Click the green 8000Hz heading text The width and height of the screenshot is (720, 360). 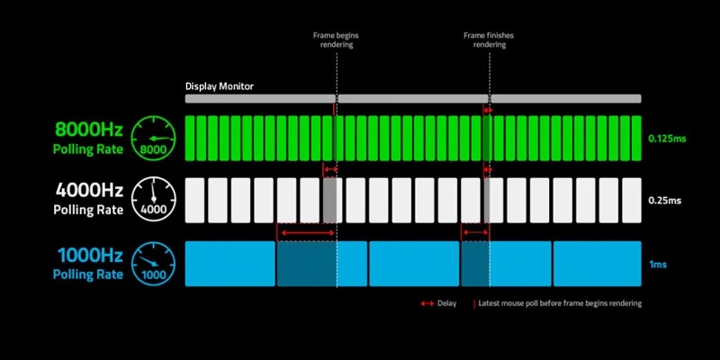(x=89, y=130)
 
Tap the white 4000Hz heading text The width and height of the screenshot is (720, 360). (x=89, y=190)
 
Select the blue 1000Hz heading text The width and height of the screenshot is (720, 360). (x=91, y=255)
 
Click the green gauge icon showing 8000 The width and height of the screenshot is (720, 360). (x=153, y=139)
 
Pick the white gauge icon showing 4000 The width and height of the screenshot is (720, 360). (x=153, y=199)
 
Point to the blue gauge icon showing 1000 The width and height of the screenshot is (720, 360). (x=153, y=264)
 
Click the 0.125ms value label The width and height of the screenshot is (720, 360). (x=667, y=139)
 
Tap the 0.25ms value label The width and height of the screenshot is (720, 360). (x=664, y=201)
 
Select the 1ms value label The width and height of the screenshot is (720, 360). (x=657, y=265)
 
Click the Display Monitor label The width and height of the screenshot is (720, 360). (x=220, y=86)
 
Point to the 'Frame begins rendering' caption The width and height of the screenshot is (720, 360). (x=336, y=40)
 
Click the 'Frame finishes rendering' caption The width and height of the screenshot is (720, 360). (x=489, y=40)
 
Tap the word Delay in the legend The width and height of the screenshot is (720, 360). (x=446, y=303)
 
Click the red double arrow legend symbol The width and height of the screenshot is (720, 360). (x=427, y=303)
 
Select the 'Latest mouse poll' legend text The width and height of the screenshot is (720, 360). (x=560, y=303)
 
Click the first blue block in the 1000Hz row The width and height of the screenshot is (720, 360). (x=230, y=264)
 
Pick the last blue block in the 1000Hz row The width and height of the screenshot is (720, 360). (x=597, y=264)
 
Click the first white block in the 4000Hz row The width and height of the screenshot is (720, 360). (x=194, y=200)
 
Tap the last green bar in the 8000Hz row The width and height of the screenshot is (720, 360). (x=636, y=139)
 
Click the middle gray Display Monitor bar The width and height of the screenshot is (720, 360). (x=413, y=99)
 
